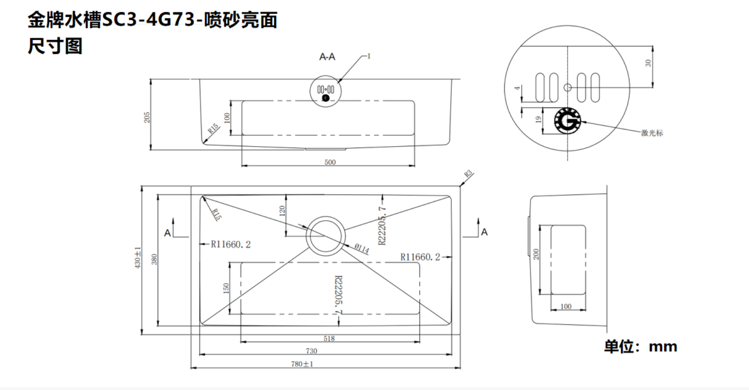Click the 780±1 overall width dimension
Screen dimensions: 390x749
pos(302,364)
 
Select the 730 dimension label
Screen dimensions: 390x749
pos(311,351)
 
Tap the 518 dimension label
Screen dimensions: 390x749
pos(329,338)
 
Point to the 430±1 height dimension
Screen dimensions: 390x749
pos(138,257)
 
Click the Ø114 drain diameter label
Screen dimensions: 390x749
pos(362,248)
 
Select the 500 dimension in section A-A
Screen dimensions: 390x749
pos(330,162)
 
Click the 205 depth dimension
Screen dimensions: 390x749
pos(147,117)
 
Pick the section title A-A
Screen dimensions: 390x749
pos(327,57)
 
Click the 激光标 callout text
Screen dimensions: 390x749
pos(652,133)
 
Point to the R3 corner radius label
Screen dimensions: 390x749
pos(468,174)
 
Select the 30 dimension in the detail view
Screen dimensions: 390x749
pos(648,63)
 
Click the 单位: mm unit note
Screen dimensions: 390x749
pos(640,347)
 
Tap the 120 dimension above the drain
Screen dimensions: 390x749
pos(281,210)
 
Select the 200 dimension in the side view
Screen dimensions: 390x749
pos(536,254)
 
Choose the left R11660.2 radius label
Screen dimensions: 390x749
pos(230,244)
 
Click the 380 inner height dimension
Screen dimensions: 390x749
pos(154,259)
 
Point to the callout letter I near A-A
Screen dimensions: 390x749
pos(369,56)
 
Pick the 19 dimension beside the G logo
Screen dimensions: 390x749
pos(538,119)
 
